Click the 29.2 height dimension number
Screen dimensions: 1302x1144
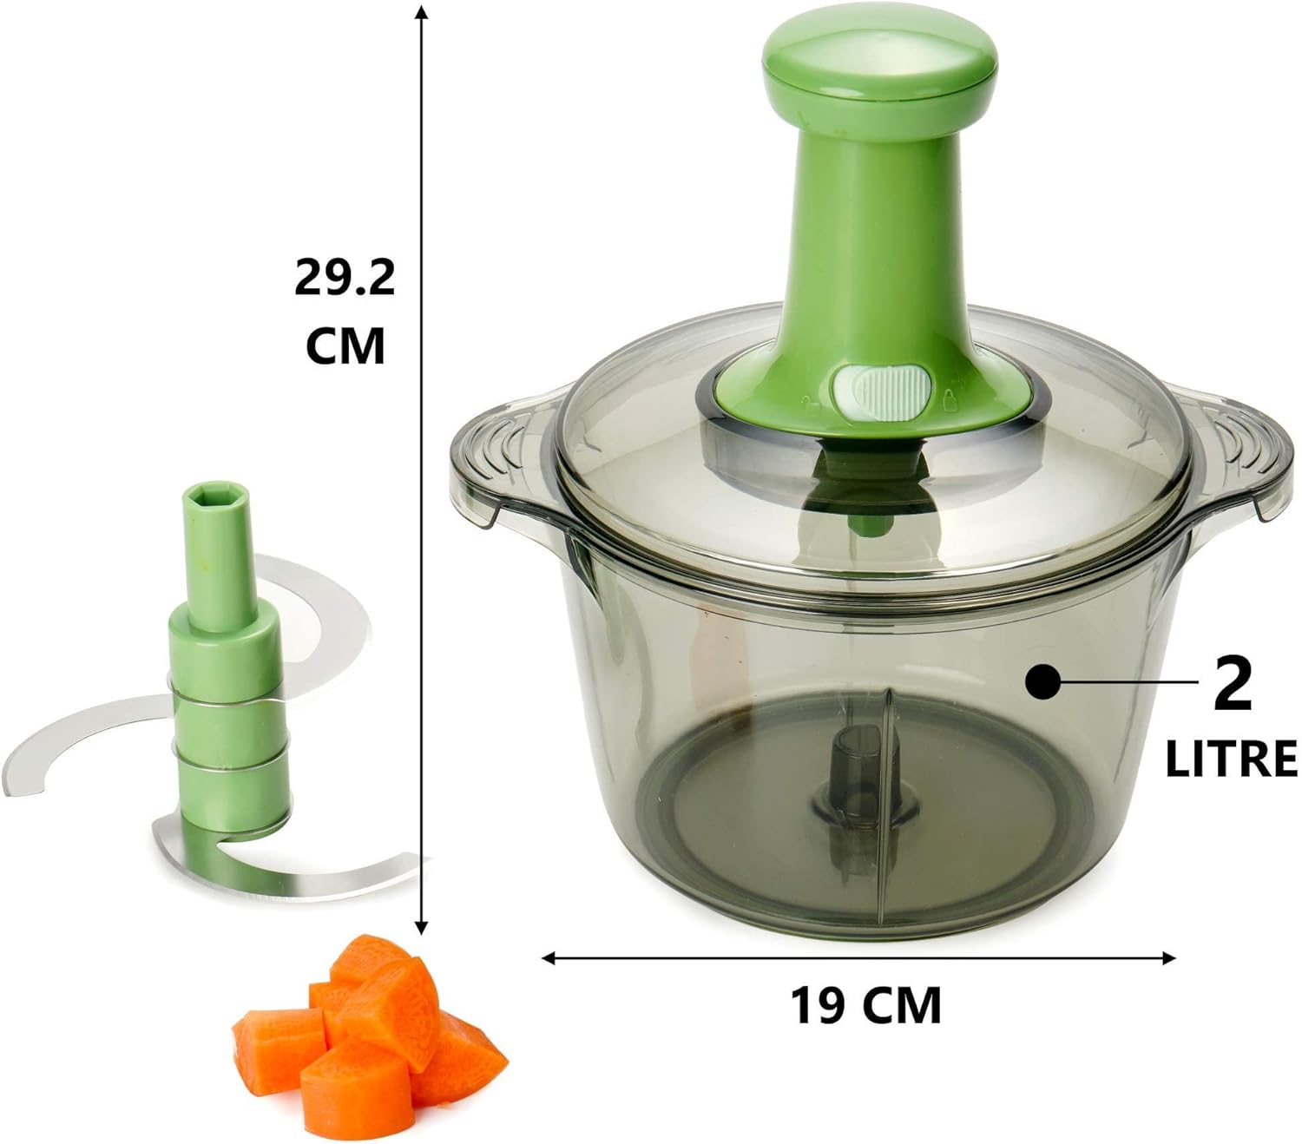coord(345,277)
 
